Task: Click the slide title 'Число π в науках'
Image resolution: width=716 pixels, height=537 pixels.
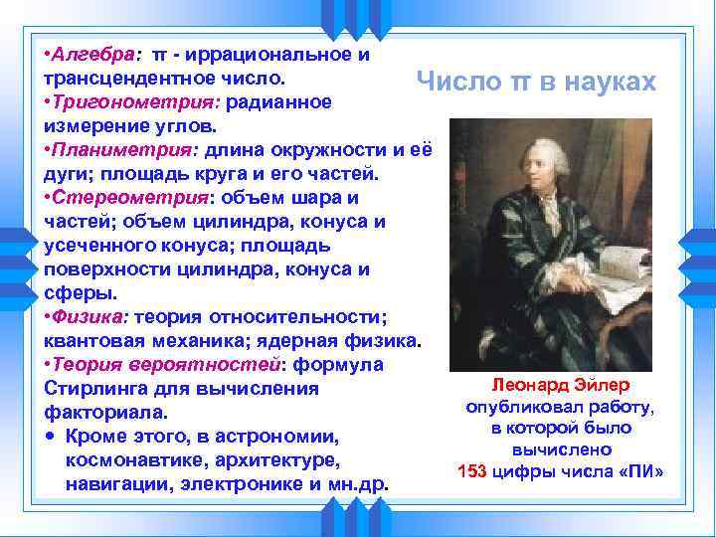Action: click(x=536, y=82)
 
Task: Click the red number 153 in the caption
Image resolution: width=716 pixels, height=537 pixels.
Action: click(x=471, y=470)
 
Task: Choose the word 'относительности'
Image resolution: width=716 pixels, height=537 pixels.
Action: click(x=307, y=317)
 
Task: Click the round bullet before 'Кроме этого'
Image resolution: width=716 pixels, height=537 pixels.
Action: click(x=50, y=438)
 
